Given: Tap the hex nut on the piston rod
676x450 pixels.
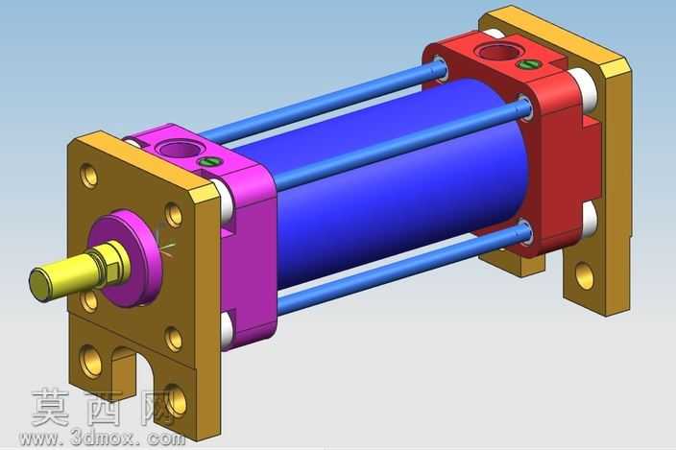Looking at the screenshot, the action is [109, 263].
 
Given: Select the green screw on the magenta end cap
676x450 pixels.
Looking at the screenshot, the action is [210, 162].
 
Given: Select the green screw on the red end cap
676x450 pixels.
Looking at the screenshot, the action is [529, 64].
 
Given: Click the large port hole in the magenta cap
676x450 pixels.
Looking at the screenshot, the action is [177, 150].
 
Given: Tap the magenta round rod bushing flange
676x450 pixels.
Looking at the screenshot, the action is [130, 257].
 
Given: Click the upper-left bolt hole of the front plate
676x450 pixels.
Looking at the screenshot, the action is [89, 177].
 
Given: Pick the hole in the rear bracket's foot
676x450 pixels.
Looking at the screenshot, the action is [584, 276].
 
